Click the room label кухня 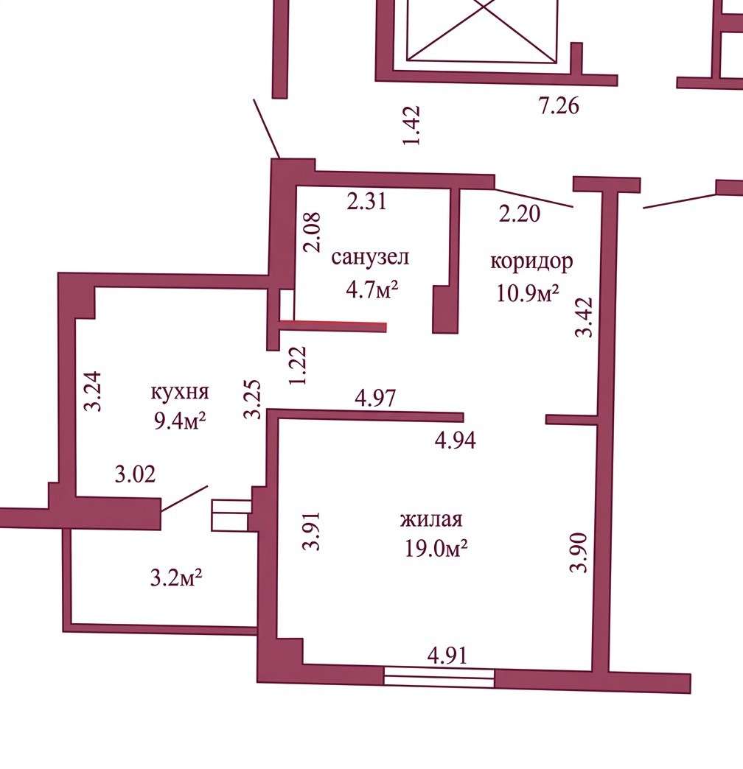point(180,393)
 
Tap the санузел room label point(369,257)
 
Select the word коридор point(531,261)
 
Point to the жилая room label point(431,519)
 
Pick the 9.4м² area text point(179,420)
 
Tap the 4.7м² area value point(371,289)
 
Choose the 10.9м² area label point(528,292)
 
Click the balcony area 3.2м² point(176,577)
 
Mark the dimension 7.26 point(559,105)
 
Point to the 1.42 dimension point(411,125)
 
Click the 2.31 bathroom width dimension point(366,201)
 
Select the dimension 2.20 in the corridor point(520,213)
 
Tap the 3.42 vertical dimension point(584,317)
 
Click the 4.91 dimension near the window point(447,656)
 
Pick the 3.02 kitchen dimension point(135,474)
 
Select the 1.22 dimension point(298,366)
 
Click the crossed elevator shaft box point(482,31)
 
